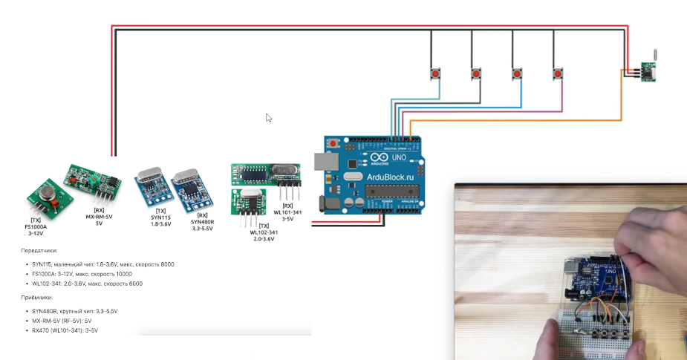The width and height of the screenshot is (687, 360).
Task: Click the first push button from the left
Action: (435, 73)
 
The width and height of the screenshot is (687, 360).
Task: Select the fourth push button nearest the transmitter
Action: (558, 73)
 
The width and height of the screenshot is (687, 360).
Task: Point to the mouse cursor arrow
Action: (269, 117)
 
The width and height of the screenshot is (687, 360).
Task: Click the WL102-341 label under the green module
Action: (264, 232)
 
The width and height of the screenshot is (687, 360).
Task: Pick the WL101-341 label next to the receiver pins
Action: (287, 212)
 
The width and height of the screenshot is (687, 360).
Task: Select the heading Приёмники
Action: (37, 297)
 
